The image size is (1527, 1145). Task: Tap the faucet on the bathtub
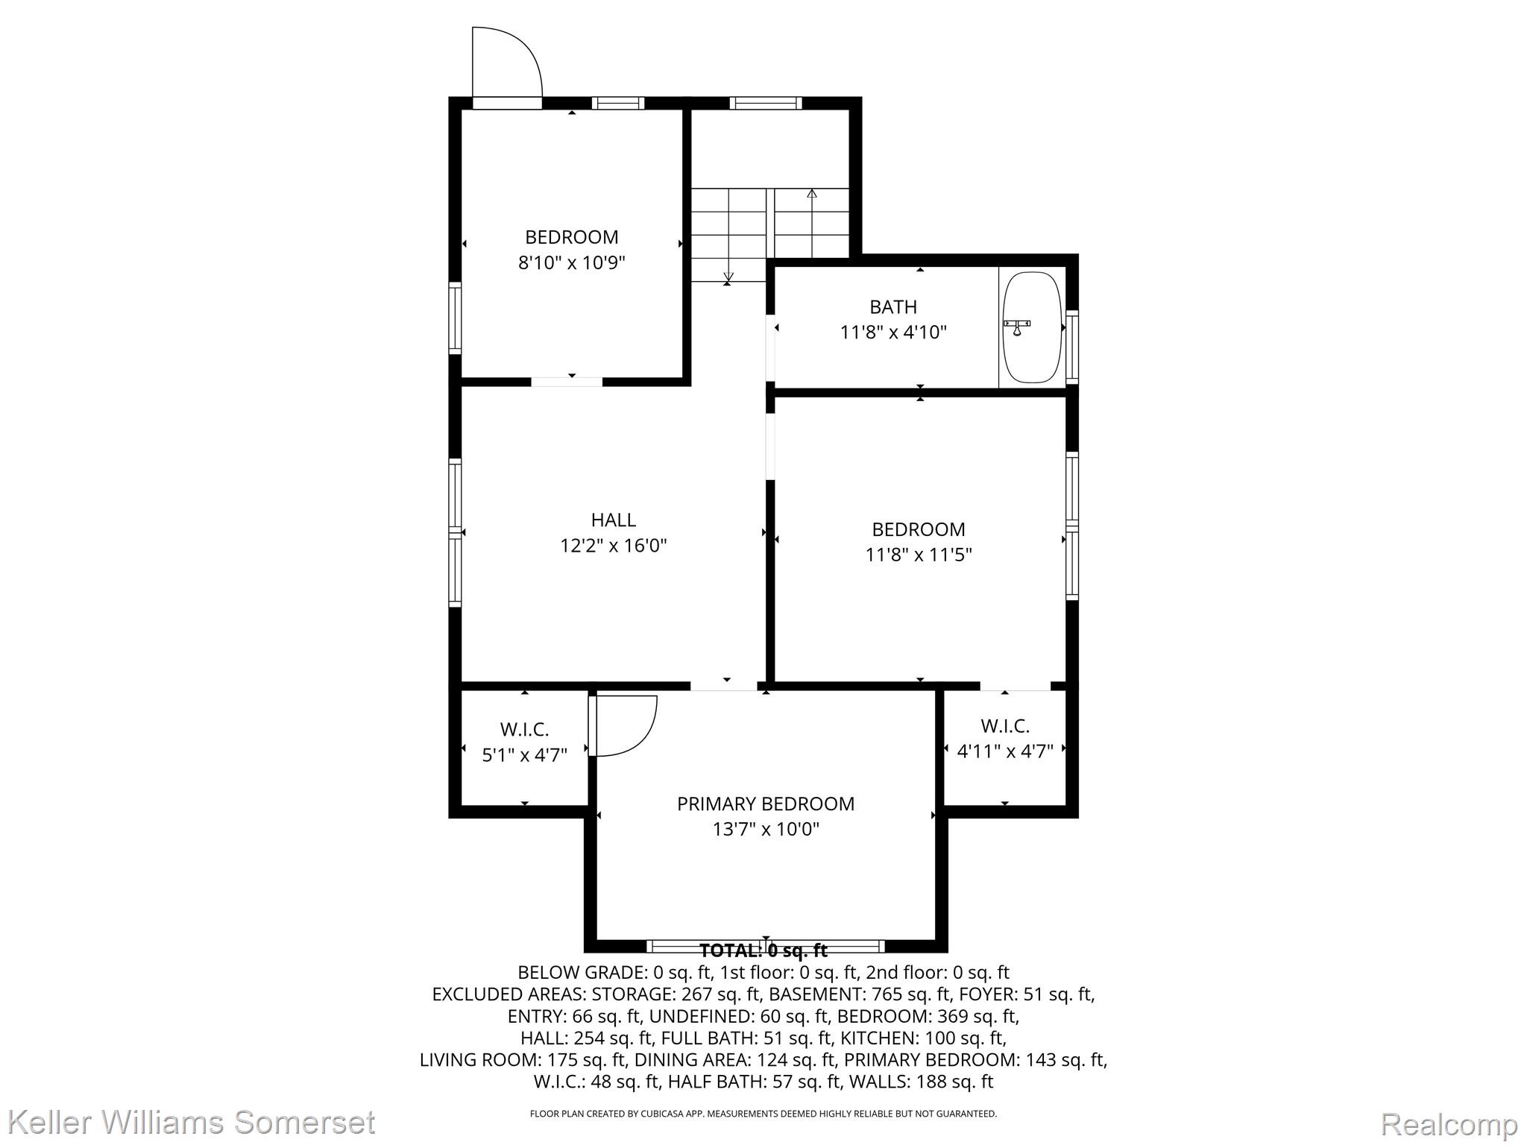[x=1017, y=327]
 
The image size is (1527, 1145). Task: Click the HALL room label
[x=614, y=520]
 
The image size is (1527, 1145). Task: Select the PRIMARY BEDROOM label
[x=766, y=804]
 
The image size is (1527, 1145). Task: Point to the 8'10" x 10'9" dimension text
[x=572, y=262]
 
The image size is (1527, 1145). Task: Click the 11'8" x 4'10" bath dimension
[x=893, y=332]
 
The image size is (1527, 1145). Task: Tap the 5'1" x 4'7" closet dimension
[x=525, y=755]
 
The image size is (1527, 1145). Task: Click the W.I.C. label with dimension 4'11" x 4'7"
[x=1005, y=725]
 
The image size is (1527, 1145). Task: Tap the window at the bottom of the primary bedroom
[x=765, y=947]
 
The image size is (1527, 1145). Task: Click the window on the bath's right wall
[x=1072, y=347]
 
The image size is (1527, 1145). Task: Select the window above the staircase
[x=766, y=103]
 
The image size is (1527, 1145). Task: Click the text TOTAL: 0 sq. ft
[x=763, y=950]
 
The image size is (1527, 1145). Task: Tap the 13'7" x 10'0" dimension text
[x=766, y=829]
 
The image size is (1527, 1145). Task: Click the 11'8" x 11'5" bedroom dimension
[x=919, y=555]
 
